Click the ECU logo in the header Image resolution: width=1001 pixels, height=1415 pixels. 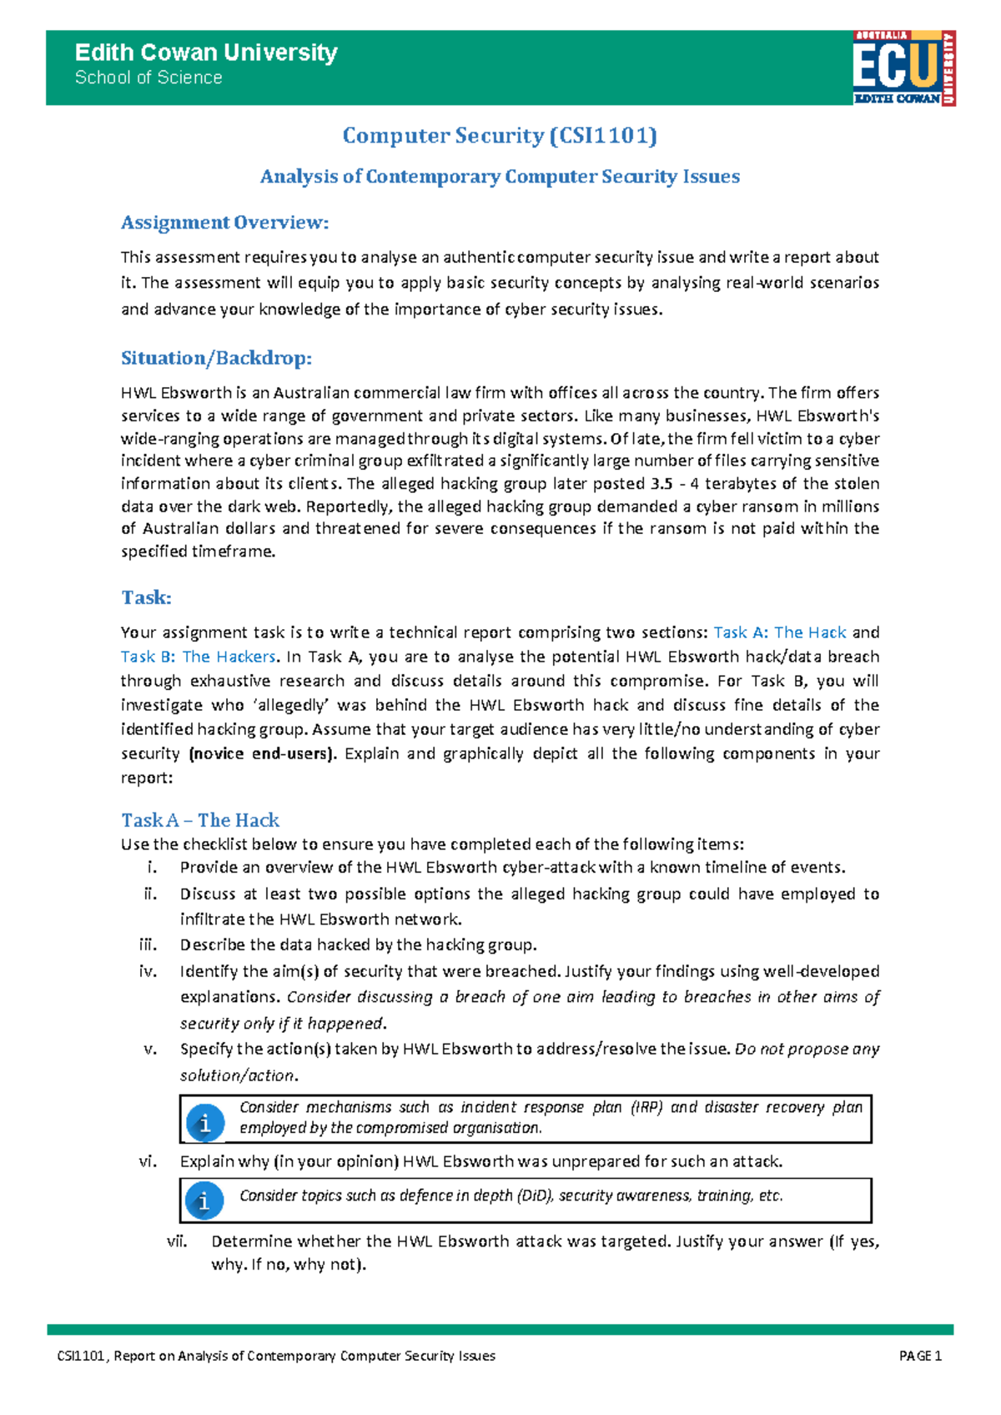coord(904,68)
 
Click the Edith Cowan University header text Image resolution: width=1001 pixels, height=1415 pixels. coord(206,53)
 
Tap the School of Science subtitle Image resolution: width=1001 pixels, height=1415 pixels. coord(148,78)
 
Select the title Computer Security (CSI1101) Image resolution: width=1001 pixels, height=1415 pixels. coord(500,135)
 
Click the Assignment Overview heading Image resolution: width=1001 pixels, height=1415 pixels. coord(225,223)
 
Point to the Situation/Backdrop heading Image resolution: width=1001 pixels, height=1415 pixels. coord(216,358)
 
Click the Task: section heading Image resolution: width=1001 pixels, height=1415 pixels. coord(147,597)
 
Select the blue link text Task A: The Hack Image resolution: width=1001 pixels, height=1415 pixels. coord(780,632)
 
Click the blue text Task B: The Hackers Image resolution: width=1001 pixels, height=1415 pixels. coord(198,657)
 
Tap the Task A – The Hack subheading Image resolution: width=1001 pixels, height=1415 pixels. coord(200,820)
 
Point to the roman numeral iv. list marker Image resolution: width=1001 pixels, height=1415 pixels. coord(148,971)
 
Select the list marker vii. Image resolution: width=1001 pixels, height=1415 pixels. coord(176,1241)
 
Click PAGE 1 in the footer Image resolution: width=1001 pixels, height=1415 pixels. coord(920,1356)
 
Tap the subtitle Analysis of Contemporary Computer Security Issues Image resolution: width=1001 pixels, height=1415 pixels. coord(500,177)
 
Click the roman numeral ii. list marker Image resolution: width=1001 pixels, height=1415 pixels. coord(149,894)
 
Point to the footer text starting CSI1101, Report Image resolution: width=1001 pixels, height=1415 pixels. coord(276,1356)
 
